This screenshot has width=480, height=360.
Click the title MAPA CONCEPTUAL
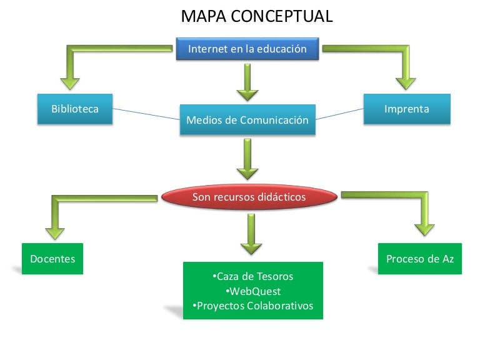pyautogui.click(x=256, y=16)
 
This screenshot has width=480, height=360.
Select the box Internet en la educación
pyautogui.click(x=247, y=49)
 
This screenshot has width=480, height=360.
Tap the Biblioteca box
pyautogui.click(x=75, y=109)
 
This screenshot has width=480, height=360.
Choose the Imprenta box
pyautogui.click(x=407, y=109)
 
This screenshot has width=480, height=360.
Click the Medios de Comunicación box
pyautogui.click(x=247, y=120)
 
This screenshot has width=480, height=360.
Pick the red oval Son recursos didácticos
pyautogui.click(x=249, y=197)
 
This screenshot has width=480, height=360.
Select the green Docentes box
pyautogui.click(x=52, y=259)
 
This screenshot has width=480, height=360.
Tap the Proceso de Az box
pyautogui.click(x=420, y=259)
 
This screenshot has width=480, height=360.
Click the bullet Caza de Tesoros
pyautogui.click(x=252, y=276)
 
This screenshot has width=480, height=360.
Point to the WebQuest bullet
pyautogui.click(x=252, y=291)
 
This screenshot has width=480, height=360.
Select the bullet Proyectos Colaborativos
pyautogui.click(x=252, y=306)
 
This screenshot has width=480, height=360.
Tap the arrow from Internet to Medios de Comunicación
pyautogui.click(x=247, y=82)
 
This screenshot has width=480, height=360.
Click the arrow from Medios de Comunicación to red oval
pyautogui.click(x=247, y=159)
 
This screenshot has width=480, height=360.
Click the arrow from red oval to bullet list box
pyautogui.click(x=251, y=235)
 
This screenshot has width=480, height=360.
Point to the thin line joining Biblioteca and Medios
pyautogui.click(x=146, y=114)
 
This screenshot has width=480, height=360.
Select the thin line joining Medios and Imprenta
pyautogui.click(x=340, y=113)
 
